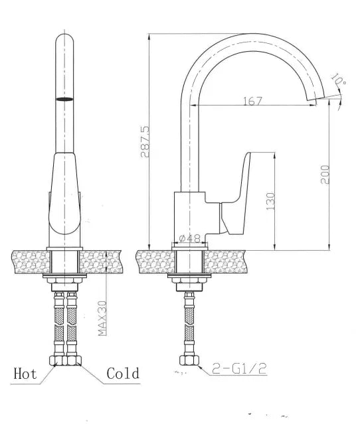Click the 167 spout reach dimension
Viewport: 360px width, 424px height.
pyautogui.click(x=253, y=101)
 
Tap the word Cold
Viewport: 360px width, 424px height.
pyautogui.click(x=124, y=374)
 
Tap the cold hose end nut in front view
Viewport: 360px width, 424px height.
pyautogui.click(x=72, y=361)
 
